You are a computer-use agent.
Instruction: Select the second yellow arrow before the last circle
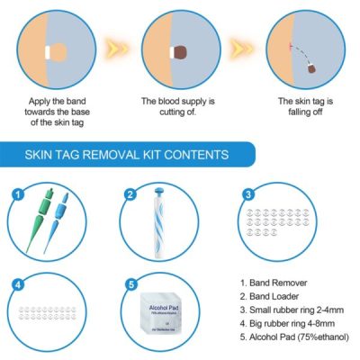coord(238,46)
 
